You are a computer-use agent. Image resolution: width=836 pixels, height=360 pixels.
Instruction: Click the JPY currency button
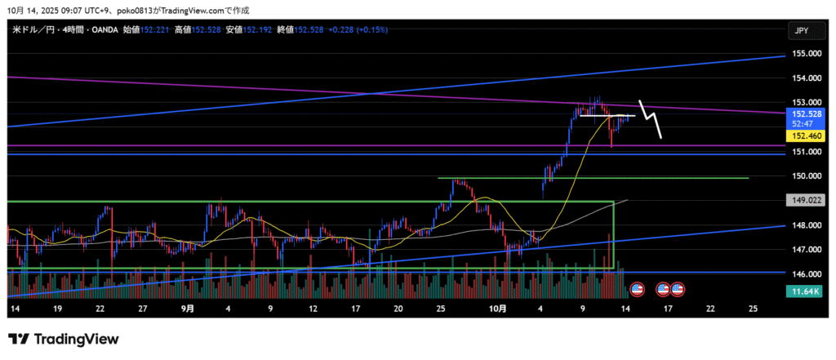point(802,30)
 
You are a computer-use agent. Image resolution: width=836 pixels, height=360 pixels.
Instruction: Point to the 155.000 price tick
point(806,54)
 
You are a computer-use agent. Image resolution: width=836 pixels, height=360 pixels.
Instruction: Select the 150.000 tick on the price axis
point(806,176)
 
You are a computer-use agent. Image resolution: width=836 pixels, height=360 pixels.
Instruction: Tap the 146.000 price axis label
point(806,275)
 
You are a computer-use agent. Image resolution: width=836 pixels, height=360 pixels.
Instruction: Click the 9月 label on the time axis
point(188,309)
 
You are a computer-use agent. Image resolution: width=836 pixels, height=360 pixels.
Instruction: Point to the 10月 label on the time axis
point(498,309)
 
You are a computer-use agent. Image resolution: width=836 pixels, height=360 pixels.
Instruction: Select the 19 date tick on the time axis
point(57,309)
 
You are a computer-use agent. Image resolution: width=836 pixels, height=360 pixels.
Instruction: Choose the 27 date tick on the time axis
point(142,309)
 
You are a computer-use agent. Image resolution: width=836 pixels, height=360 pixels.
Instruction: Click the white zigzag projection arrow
point(651,119)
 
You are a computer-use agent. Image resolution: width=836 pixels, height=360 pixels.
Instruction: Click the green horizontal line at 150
point(593,178)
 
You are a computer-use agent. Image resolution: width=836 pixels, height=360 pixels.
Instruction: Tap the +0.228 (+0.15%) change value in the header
point(358,29)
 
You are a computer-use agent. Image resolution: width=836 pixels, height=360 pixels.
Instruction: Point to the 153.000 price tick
point(806,103)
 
